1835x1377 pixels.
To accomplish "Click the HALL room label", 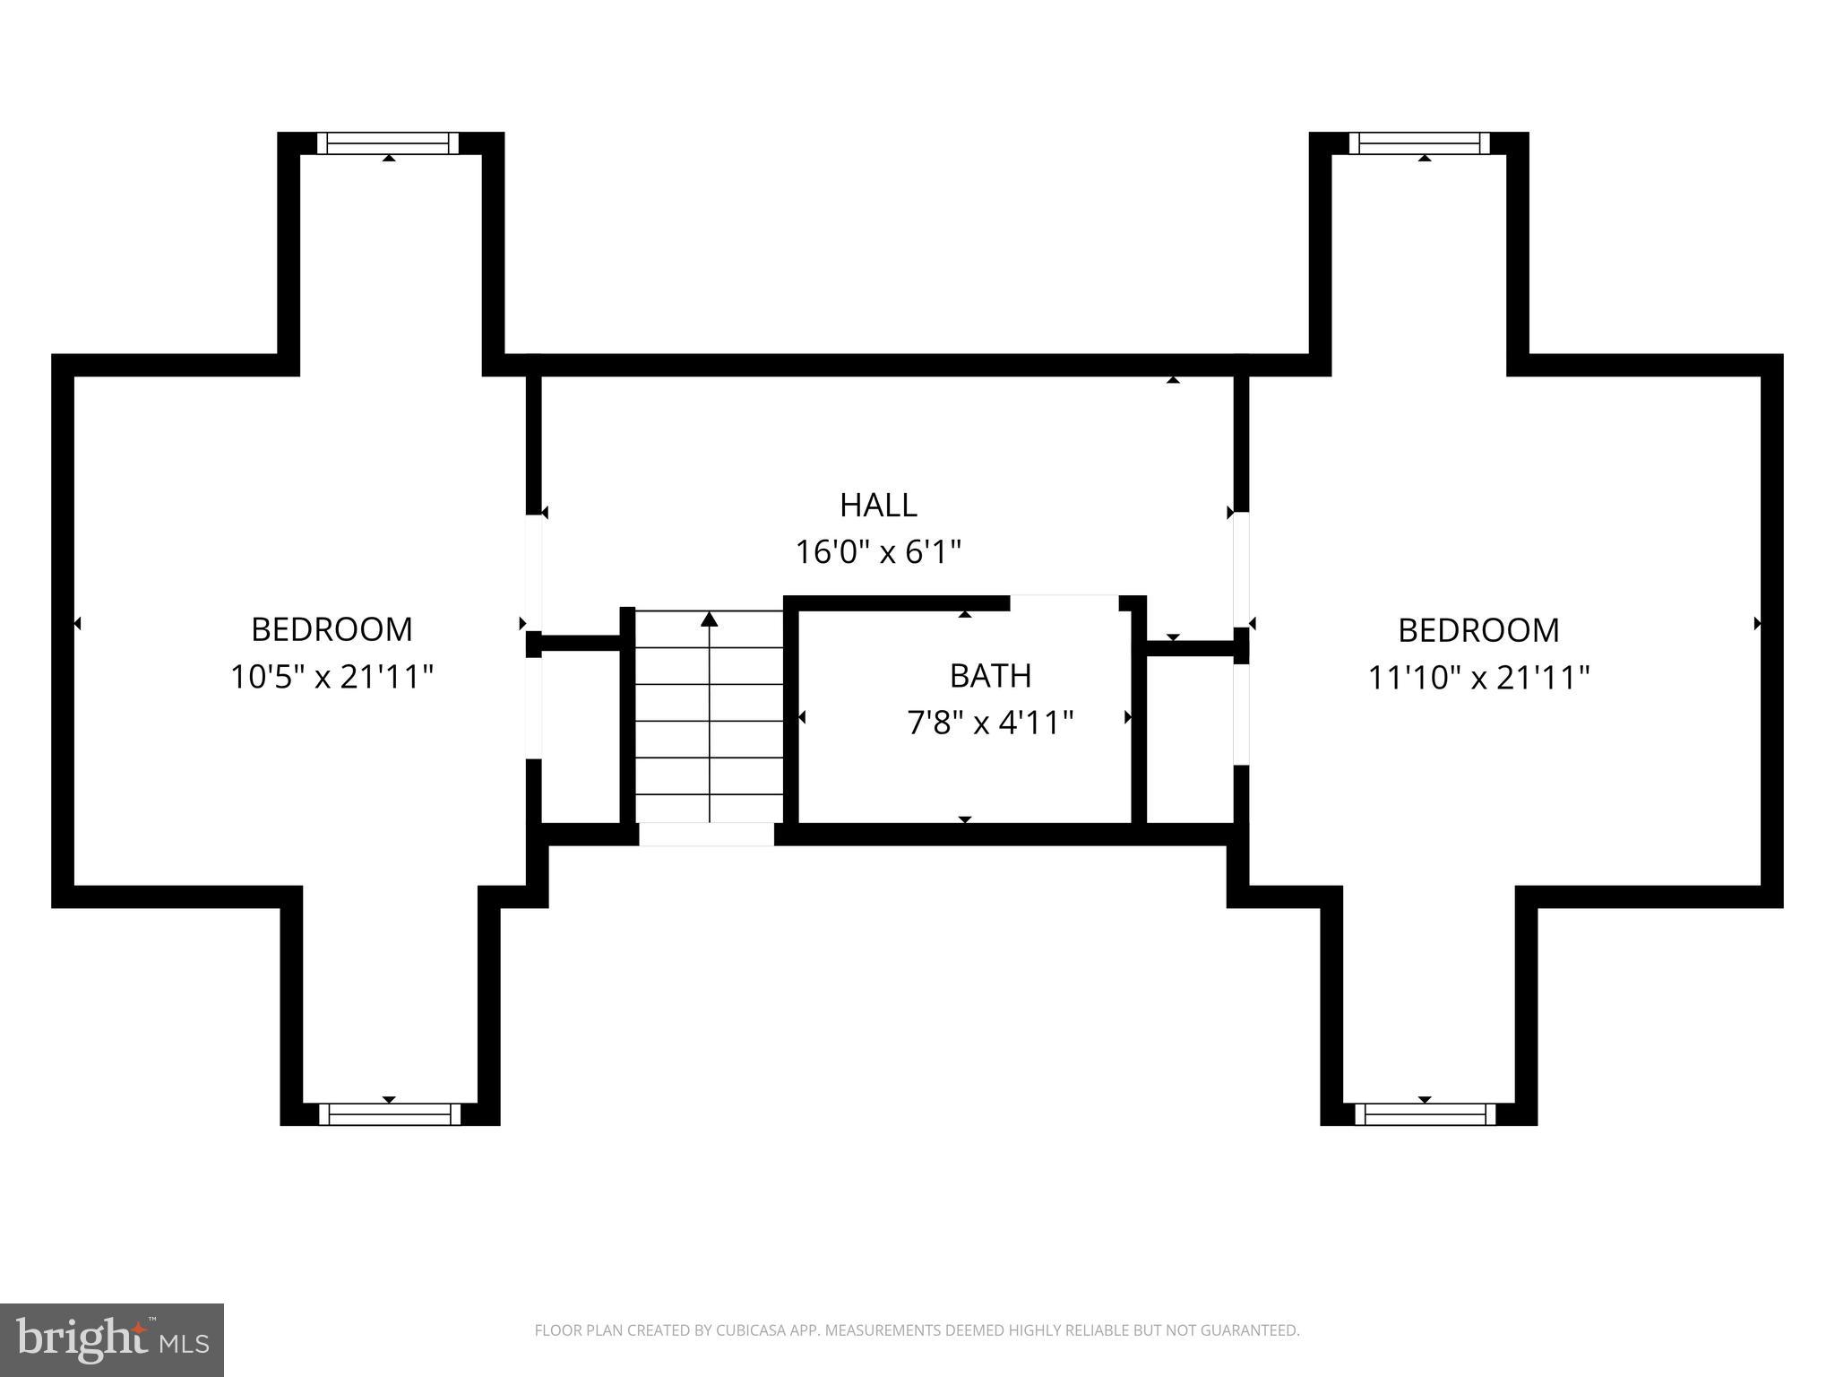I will [878, 506].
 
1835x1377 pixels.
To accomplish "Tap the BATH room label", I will [990, 676].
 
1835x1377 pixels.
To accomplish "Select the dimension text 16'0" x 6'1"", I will [878, 552].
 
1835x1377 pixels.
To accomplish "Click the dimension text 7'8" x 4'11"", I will [990, 723].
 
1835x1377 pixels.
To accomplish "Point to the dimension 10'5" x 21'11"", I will [332, 677].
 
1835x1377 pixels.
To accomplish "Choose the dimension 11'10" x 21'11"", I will [1478, 678].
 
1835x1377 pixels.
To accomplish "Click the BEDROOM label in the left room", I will [332, 630].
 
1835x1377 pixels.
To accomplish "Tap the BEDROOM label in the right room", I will [1478, 631].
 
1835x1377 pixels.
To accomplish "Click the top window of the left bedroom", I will [388, 143].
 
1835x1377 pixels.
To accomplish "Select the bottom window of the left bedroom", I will [390, 1114].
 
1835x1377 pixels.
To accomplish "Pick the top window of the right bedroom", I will [1419, 143].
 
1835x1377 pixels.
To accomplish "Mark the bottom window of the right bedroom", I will [1425, 1114].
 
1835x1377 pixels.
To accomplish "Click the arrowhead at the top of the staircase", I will [710, 619].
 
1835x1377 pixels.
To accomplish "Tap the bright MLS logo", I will [112, 1339].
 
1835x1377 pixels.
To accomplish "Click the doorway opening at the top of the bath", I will [1064, 602].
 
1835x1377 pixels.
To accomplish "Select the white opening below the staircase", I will [706, 835].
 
